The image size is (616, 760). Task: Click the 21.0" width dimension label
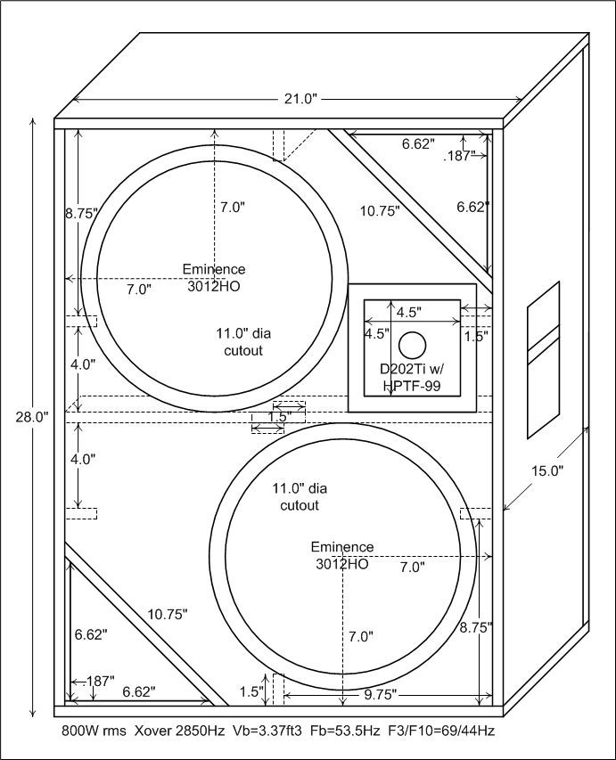pos(300,99)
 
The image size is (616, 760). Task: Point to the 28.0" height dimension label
pos(32,417)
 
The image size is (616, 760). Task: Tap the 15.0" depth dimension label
pos(546,470)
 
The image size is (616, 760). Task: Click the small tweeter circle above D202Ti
pos(412,346)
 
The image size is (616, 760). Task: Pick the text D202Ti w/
pos(411,370)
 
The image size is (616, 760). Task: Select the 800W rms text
pos(94,731)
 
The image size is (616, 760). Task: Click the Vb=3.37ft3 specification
pos(267,731)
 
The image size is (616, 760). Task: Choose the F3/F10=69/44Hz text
pos(441,731)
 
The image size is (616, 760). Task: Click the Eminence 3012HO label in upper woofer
pos(214,278)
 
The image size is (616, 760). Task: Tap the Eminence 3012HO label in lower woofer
pos(342,555)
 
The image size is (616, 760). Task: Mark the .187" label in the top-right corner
pos(458,156)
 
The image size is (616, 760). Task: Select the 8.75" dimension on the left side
pos(82,213)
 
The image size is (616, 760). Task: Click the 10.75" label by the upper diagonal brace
pos(380,211)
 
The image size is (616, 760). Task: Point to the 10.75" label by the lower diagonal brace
pos(168,614)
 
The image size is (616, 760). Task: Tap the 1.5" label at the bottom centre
pos(251,691)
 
